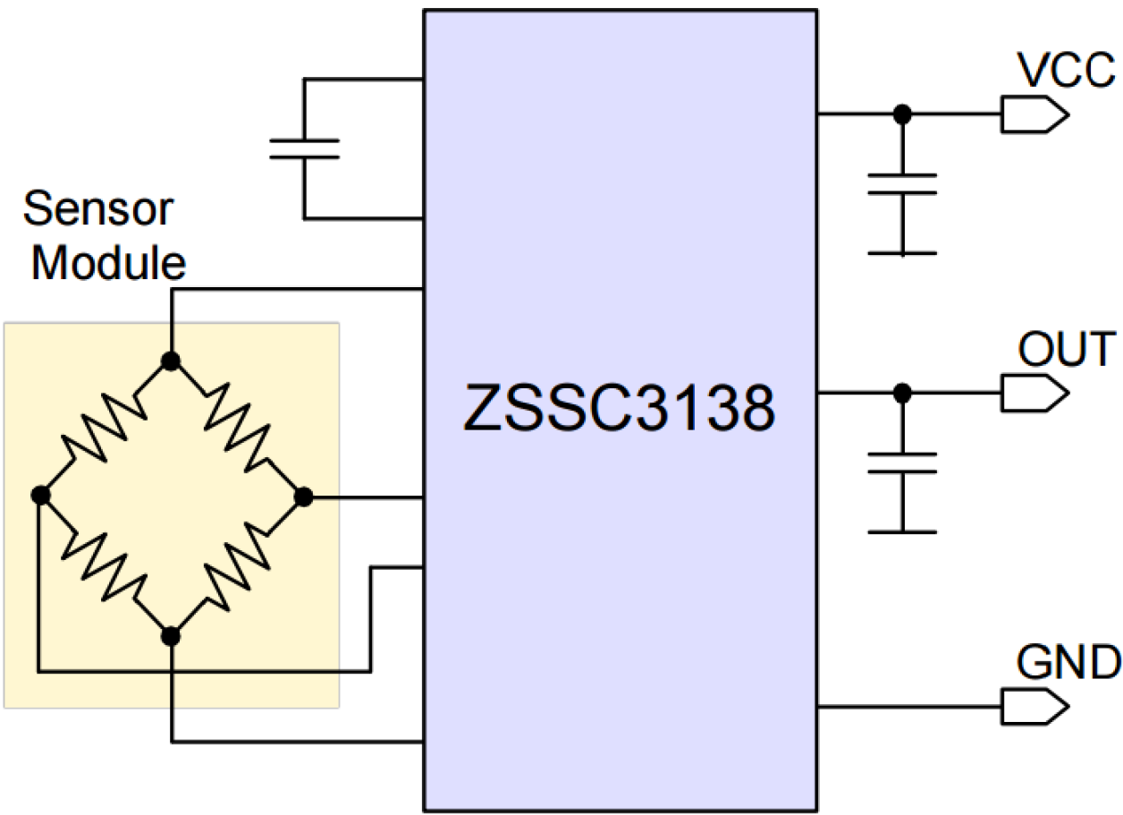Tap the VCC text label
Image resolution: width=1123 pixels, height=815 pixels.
1066,72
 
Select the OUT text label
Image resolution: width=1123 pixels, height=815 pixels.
1067,350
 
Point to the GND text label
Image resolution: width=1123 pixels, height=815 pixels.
1068,663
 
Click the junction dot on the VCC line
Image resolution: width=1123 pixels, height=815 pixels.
902,115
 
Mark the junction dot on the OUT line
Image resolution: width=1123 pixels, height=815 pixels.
902,392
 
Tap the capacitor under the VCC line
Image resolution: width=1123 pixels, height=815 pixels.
902,183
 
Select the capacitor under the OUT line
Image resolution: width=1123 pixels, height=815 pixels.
902,463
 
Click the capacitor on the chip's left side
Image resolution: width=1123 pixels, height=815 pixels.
304,149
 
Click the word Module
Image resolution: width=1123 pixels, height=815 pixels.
109,262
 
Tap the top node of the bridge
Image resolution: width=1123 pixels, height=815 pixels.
171,361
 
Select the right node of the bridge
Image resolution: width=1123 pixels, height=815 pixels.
303,497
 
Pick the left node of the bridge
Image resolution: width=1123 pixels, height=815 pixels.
38,496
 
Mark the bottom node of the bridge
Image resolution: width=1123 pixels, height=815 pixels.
171,635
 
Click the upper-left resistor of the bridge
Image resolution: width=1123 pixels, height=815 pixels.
104,428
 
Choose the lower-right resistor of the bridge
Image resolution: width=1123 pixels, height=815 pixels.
237,566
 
